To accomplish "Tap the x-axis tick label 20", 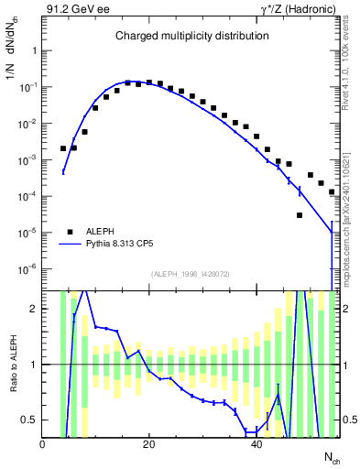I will point(149,444).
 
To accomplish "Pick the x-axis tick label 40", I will point(256,444).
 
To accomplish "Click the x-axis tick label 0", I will point(43,444).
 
